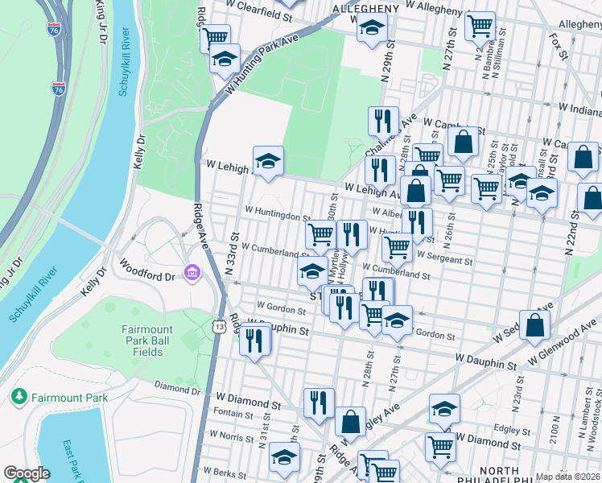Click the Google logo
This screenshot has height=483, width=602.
tap(27, 473)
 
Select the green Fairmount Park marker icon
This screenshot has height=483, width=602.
tap(18, 397)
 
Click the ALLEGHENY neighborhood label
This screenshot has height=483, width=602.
tap(366, 8)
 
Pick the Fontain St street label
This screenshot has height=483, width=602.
tap(233, 414)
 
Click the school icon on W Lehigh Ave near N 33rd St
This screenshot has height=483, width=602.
tap(269, 159)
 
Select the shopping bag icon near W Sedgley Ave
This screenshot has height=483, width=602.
tap(534, 325)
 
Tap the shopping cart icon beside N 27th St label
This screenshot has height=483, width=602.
tap(480, 26)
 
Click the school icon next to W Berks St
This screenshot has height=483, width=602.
tap(284, 456)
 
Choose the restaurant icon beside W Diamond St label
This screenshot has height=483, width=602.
tap(319, 402)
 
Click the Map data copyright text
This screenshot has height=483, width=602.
tap(567, 477)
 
